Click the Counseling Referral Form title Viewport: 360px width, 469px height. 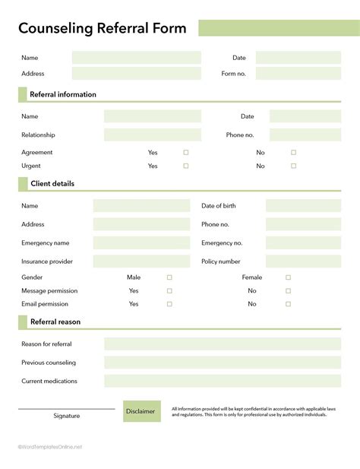(102, 29)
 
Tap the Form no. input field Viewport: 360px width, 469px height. (298, 74)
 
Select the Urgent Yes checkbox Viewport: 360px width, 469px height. (186, 166)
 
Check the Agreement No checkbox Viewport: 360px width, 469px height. (293, 152)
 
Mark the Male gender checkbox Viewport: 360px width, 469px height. (169, 277)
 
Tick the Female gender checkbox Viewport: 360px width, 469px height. (288, 277)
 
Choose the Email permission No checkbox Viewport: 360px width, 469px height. (288, 304)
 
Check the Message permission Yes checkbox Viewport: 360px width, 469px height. (169, 290)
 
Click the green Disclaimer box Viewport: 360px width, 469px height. (142, 411)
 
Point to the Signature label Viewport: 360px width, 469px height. (67, 416)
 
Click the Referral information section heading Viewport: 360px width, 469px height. (63, 95)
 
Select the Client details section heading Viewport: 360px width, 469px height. (52, 184)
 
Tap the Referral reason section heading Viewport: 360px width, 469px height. (55, 322)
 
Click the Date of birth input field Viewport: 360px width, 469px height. (303, 206)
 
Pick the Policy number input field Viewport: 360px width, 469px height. (303, 261)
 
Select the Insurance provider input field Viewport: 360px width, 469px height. (141, 261)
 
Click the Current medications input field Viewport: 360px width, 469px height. (223, 381)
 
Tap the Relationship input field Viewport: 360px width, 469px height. (153, 135)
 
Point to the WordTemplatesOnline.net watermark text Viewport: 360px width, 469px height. (50, 447)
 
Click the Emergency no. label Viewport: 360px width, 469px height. (222, 243)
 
